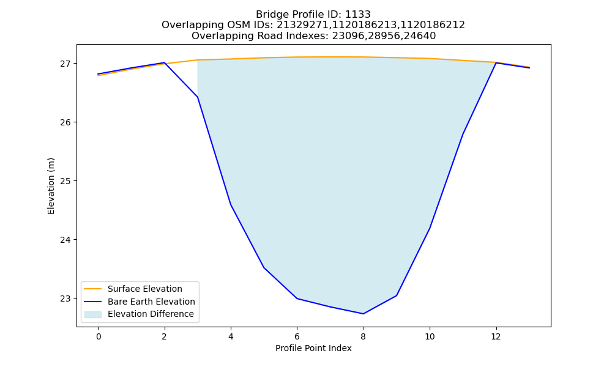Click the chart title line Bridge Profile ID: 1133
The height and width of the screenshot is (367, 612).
coord(313,15)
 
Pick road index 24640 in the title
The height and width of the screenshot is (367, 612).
coord(422,36)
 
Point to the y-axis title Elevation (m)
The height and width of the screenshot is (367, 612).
coord(51,186)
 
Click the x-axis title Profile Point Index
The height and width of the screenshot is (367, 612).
coord(313,348)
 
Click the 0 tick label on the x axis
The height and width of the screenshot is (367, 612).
coord(99,336)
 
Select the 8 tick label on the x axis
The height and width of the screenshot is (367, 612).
coord(364,336)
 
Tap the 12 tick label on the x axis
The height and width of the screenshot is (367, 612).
coord(496,336)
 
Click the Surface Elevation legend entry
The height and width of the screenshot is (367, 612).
coord(133,289)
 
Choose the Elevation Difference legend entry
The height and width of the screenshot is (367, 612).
coord(139,314)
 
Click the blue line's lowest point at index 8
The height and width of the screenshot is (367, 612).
coord(364,314)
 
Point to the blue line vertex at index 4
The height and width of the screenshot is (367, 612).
coord(231,204)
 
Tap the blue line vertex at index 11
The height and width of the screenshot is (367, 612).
coord(463,134)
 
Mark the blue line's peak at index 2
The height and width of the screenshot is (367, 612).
coord(164,62)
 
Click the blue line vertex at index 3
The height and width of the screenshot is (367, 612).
coord(198,97)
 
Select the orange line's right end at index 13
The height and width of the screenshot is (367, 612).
coord(529,67)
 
